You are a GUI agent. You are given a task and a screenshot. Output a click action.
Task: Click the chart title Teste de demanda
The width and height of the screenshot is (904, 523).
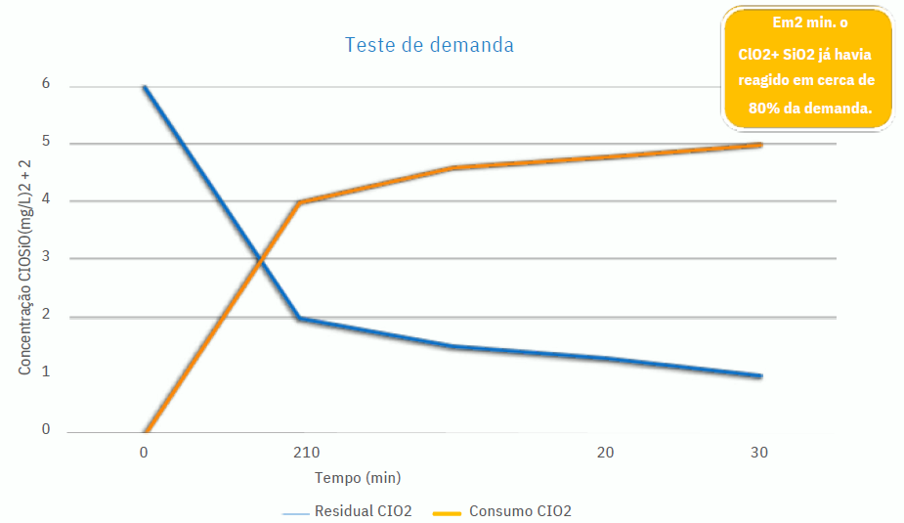pyautogui.click(x=429, y=45)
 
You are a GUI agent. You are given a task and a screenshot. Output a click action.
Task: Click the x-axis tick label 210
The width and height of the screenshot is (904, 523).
pyautogui.click(x=307, y=453)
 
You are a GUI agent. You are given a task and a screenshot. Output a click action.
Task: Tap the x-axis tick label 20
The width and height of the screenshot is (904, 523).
pyautogui.click(x=606, y=453)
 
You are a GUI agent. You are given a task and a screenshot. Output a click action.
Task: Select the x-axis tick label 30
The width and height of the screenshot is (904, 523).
pyautogui.click(x=758, y=453)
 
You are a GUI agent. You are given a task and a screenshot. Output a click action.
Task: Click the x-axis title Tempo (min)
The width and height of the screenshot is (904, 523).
pyautogui.click(x=358, y=478)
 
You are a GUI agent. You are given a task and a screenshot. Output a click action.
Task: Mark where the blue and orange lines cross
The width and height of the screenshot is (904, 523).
pyautogui.click(x=260, y=259)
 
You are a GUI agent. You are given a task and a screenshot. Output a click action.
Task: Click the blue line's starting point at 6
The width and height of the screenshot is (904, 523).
pyautogui.click(x=145, y=87)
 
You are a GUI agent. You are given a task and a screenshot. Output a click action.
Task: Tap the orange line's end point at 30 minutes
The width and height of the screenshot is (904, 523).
pyautogui.click(x=760, y=145)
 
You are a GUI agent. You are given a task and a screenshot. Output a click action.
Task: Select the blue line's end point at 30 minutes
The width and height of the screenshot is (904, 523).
pyautogui.click(x=760, y=376)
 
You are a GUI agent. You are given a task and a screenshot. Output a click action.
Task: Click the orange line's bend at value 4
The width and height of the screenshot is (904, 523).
pyautogui.click(x=298, y=202)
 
